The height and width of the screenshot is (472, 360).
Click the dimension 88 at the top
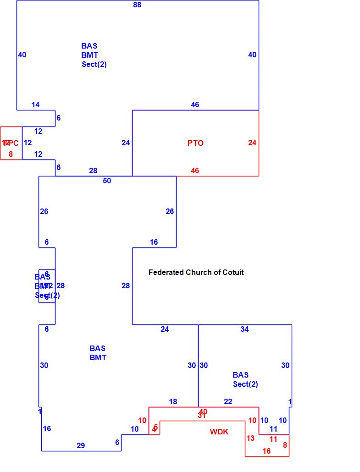137,5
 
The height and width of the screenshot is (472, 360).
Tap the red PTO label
195,143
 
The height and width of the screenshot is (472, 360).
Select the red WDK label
219,432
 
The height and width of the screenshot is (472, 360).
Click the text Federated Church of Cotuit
196,272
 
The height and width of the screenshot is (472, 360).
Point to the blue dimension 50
107,181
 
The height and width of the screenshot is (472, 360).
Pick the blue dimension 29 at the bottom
81,445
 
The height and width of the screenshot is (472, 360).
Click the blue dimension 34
244,329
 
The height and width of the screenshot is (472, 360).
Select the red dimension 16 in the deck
266,451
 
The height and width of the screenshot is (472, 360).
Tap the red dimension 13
250,438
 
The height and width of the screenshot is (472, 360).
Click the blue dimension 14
35,104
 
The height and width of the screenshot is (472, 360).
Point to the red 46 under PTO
195,170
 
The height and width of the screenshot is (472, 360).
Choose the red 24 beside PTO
252,143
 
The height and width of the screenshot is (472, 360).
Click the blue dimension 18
173,401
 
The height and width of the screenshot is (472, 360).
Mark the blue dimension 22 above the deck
228,401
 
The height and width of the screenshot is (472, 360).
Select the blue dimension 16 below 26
154,242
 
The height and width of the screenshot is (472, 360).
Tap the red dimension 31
202,416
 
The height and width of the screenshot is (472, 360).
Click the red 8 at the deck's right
285,445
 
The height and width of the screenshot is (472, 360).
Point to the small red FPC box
11,143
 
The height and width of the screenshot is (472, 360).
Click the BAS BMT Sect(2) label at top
94,55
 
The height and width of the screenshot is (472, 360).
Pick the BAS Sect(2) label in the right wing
245,379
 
